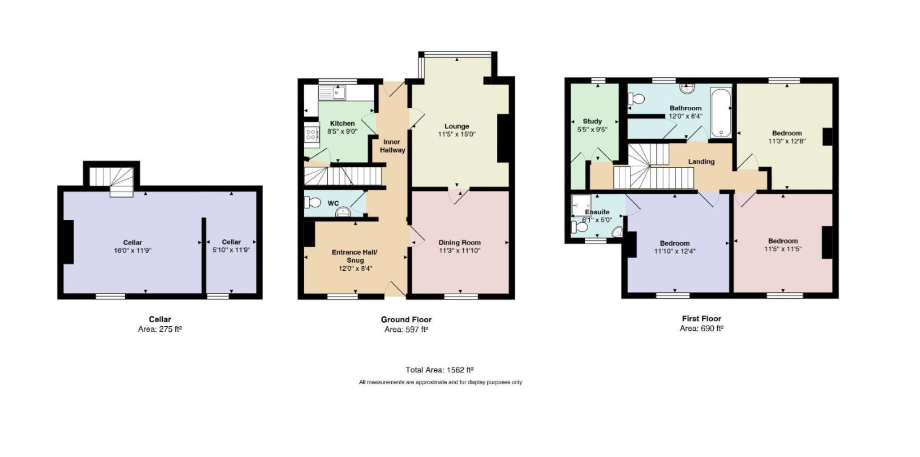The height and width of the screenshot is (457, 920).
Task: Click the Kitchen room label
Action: (342, 123)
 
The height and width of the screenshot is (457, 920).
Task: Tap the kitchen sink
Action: (332, 93)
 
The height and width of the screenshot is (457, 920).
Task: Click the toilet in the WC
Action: (312, 202)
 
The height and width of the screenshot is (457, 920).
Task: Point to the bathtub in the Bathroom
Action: (721, 113)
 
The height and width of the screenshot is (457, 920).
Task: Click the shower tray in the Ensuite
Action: (581, 205)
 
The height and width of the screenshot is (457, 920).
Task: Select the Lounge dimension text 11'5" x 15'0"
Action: (456, 134)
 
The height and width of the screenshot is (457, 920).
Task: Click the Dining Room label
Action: (459, 242)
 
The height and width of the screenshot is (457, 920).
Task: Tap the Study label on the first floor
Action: (592, 121)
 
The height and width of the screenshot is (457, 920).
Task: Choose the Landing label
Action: (701, 162)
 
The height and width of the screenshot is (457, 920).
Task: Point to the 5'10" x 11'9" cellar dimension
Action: (231, 250)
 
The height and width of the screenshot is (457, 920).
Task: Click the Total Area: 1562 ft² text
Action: (440, 370)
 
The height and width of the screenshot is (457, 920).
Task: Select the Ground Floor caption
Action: (406, 319)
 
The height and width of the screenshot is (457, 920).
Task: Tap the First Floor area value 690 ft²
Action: (712, 328)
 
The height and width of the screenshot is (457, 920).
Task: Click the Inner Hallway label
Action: (392, 146)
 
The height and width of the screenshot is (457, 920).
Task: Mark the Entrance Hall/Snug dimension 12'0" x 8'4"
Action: (355, 269)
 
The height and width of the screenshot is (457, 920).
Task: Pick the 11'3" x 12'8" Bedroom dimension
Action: (787, 141)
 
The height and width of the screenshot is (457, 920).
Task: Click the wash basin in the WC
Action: (343, 212)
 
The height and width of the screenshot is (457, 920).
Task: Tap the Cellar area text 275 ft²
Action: (170, 329)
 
